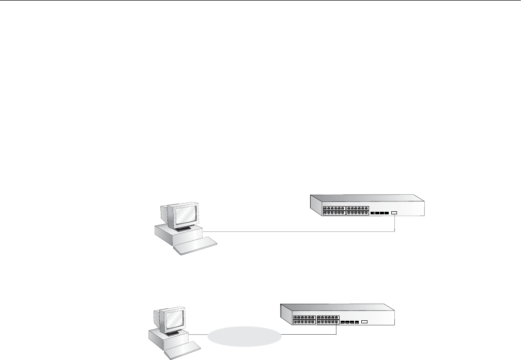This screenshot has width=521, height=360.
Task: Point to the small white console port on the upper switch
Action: pyautogui.click(x=394, y=213)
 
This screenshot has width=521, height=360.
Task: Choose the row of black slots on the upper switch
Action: pyautogui.click(x=379, y=213)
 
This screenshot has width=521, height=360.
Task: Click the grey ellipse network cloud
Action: pyautogui.click(x=246, y=338)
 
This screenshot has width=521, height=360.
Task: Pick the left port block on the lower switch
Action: pyautogui.click(x=304, y=319)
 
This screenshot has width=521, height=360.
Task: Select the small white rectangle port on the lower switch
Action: pyautogui.click(x=364, y=322)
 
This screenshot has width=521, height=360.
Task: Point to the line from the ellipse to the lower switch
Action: pyautogui.click(x=310, y=333)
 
